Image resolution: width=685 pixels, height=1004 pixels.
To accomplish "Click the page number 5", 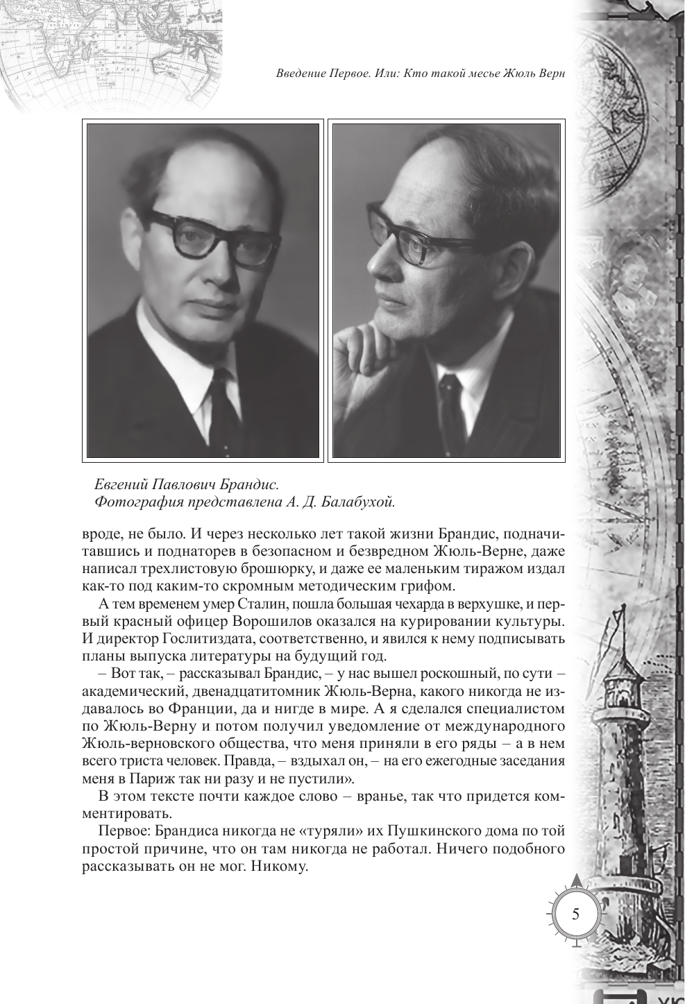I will coord(575,913).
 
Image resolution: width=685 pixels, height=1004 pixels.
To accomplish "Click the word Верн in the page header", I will coord(546,75).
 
